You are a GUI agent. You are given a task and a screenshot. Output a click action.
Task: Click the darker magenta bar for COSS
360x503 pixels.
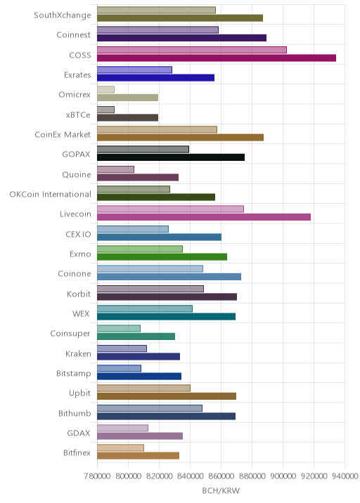[x=217, y=58]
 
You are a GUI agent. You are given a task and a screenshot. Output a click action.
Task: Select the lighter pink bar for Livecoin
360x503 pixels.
[x=171, y=209]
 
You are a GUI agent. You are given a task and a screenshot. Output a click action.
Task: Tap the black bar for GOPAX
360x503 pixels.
[x=171, y=157]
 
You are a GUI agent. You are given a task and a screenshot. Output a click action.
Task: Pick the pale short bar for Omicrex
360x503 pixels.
[x=105, y=90]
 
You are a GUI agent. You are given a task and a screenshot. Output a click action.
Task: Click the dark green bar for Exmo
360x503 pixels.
[x=162, y=257]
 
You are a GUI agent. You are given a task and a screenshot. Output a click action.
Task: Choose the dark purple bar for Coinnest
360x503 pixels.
[x=182, y=38]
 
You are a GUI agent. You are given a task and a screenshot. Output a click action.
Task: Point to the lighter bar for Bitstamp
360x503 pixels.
[x=119, y=368]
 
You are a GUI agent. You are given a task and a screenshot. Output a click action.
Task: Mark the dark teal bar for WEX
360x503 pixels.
[x=167, y=317]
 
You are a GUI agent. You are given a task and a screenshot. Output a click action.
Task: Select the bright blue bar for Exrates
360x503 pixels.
[x=156, y=78]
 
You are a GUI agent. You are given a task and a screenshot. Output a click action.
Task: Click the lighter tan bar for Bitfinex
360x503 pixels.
[x=120, y=448]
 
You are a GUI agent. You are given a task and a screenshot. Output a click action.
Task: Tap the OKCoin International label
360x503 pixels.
[x=50, y=195]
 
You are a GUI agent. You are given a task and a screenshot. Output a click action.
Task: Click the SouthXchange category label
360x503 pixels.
[x=63, y=15]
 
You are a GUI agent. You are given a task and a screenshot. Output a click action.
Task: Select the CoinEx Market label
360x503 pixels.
[x=63, y=135]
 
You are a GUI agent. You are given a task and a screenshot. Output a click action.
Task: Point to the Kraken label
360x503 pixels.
[x=78, y=353]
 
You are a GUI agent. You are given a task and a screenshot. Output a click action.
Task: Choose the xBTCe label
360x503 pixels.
[x=78, y=115]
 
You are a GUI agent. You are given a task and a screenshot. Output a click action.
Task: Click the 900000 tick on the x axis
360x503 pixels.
[x=283, y=476]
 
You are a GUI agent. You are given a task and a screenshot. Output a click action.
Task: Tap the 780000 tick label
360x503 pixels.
[x=97, y=476]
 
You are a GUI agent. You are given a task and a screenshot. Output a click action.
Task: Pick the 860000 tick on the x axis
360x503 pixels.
[x=221, y=476]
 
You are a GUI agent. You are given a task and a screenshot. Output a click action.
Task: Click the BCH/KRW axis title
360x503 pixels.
[x=221, y=491]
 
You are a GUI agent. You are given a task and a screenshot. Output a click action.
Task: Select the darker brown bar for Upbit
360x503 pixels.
[x=167, y=396]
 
